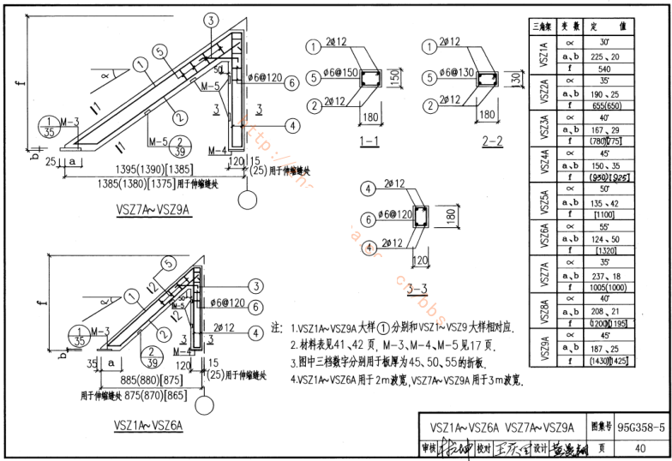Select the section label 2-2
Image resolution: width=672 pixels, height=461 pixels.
(x=491, y=140)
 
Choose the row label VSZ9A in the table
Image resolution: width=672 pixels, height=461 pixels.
(x=543, y=346)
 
